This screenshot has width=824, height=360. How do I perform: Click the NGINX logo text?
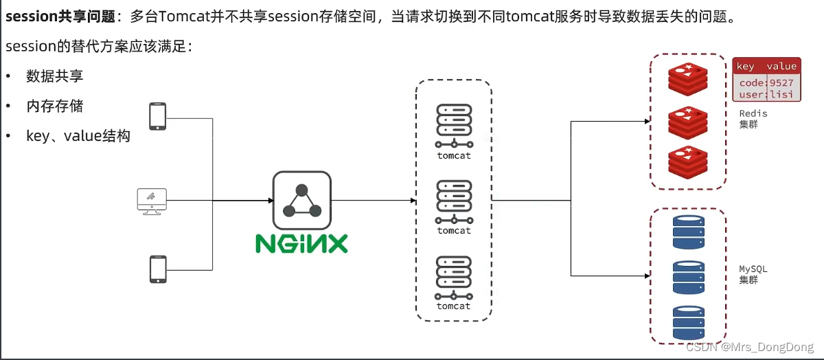click(301, 243)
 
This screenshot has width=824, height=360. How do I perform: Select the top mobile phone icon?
click(158, 115)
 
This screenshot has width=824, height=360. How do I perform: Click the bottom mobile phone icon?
click(158, 269)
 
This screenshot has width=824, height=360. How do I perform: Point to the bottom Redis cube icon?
click(687, 162)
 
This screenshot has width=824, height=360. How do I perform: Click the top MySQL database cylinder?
click(688, 232)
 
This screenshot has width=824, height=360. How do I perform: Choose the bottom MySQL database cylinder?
click(688, 322)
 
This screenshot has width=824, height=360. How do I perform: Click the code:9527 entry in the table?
click(766, 82)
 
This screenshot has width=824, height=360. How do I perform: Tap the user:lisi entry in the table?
click(766, 94)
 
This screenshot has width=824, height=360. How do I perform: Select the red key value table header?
click(766, 66)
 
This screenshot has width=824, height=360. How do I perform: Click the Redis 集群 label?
click(753, 119)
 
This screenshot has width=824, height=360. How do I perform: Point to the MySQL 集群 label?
click(753, 274)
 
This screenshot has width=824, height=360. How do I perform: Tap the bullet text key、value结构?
click(78, 136)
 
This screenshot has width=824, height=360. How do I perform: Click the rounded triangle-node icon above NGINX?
click(301, 200)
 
